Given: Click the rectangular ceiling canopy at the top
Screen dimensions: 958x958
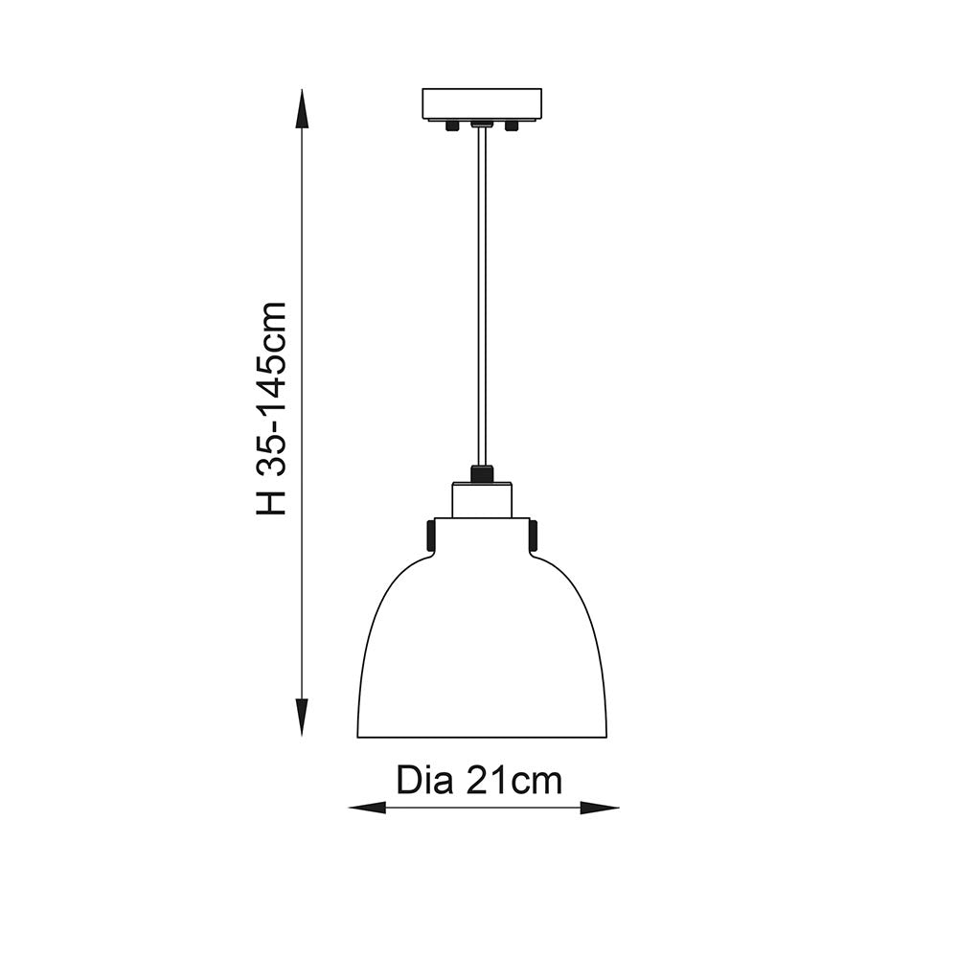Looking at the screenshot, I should point(482,103).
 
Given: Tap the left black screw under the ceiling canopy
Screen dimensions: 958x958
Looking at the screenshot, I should point(452,125).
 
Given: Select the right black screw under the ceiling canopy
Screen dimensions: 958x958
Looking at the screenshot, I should point(512,125).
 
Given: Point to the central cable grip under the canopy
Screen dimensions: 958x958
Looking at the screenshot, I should point(482,125).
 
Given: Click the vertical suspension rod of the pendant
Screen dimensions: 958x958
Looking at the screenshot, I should point(482,297).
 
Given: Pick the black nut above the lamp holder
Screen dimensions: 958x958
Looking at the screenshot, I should point(482,473).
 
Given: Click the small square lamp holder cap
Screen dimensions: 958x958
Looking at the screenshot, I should point(482,500).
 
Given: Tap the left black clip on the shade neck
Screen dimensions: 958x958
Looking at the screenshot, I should point(431,535).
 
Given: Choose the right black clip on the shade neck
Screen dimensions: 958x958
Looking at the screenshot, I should point(533,535).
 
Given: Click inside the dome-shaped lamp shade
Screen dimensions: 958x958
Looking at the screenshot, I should point(482,651).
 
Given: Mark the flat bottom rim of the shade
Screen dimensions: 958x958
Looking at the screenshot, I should point(482,737).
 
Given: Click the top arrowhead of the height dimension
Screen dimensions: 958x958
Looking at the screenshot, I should point(302,110).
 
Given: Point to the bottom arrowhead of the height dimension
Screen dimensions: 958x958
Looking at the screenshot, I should point(302,717).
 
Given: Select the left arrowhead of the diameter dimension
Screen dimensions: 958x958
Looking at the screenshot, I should point(367,809).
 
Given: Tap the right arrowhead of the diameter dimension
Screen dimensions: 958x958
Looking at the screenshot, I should point(601,809).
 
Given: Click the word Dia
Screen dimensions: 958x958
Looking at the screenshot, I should point(423,781).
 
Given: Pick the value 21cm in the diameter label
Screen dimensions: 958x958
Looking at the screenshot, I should point(514,781).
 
